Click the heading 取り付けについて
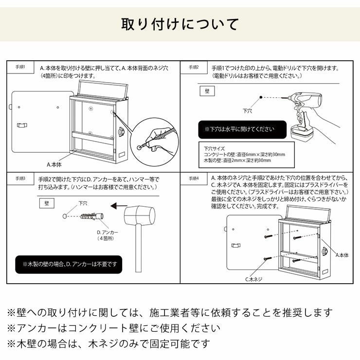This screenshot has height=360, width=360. coord(180,24)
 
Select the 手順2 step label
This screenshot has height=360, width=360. coord(194,67)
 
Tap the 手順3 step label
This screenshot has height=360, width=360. coord(20,179)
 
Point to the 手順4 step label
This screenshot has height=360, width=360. coord(194,179)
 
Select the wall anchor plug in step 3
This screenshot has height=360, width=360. coord(91,215)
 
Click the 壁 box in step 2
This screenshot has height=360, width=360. coord(206,90)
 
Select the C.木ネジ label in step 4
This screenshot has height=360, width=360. coord(253,279)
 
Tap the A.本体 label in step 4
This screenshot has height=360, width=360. coord(342,254)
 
